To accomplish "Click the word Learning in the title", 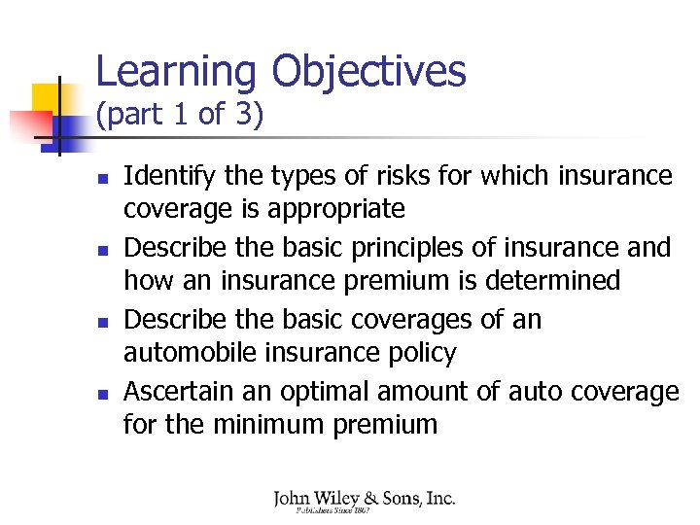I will click(176, 73).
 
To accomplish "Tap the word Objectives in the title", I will click(368, 73).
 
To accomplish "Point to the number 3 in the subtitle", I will click(244, 116).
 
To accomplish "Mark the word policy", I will click(423, 353).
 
